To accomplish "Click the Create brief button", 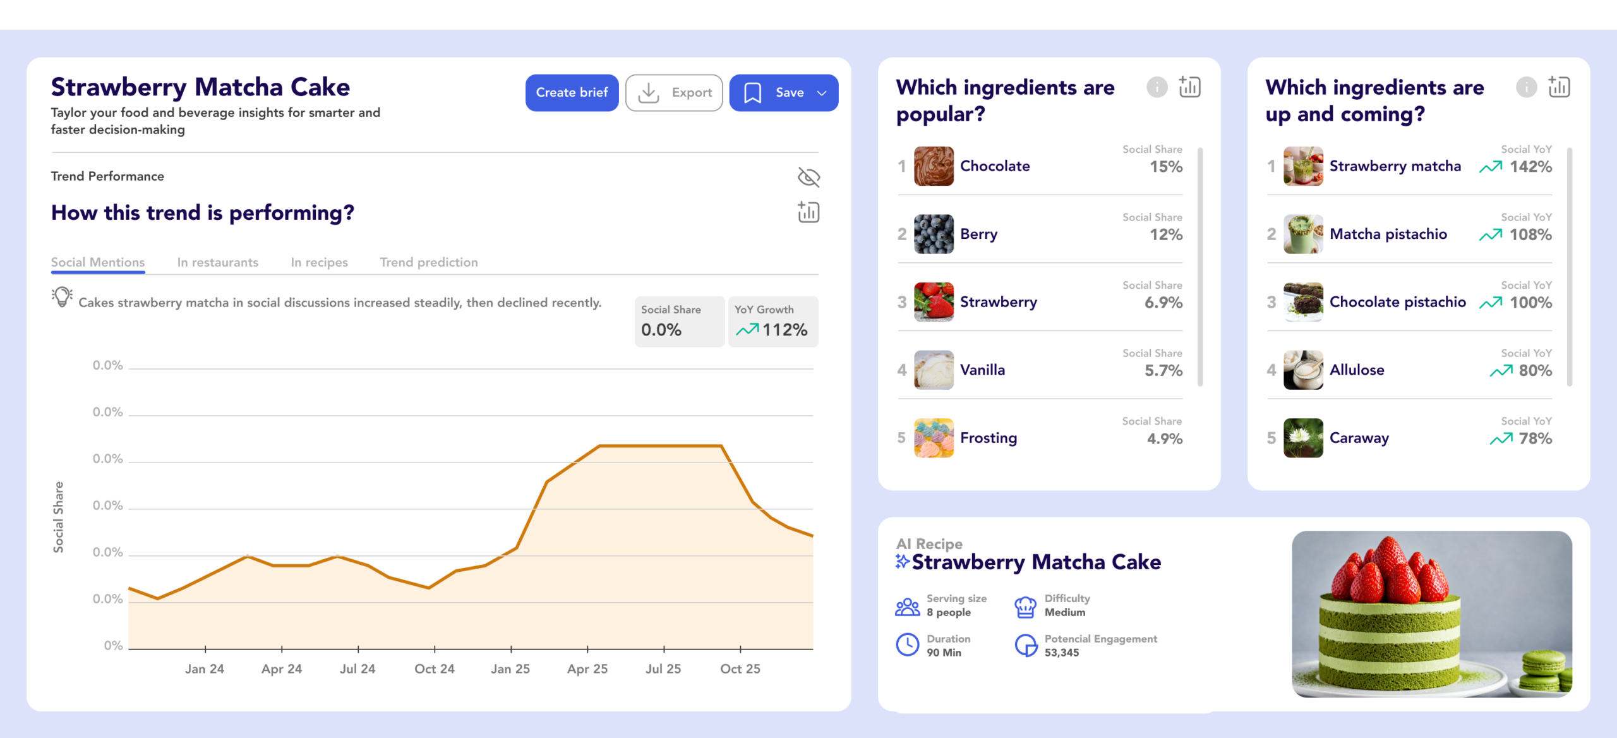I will [x=572, y=93].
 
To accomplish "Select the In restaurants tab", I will [x=217, y=262].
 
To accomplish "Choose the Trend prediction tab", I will [x=428, y=262].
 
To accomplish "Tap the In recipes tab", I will [x=319, y=262].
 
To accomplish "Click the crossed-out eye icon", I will [x=808, y=178].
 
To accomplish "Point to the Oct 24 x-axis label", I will [x=434, y=668].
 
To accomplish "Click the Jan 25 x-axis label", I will [x=510, y=668].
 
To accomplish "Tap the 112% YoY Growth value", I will [x=784, y=330].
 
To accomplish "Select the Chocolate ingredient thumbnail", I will [x=934, y=166].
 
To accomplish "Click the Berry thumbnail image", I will [x=934, y=234].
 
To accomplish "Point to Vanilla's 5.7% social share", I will [x=1163, y=370].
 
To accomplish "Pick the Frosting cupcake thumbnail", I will [x=934, y=438].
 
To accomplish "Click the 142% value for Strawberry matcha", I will [x=1530, y=167].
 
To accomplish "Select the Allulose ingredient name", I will [x=1357, y=370].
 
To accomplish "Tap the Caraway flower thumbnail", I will [x=1302, y=438].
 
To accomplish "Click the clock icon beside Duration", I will [x=908, y=645].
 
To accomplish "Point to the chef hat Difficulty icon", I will [x=1025, y=607].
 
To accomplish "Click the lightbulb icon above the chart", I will [x=62, y=296].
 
